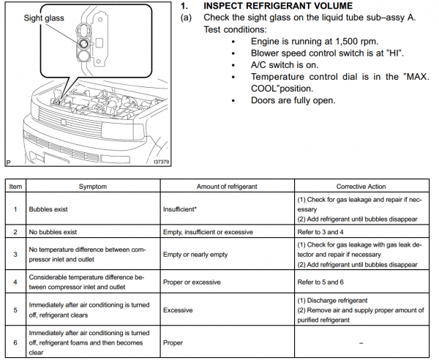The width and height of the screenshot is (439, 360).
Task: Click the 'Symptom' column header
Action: pyautogui.click(x=92, y=187)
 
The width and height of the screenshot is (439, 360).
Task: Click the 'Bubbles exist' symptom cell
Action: pyautogui.click(x=50, y=209)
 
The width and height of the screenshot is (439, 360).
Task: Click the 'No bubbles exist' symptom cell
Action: pyautogui.click(x=56, y=231)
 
